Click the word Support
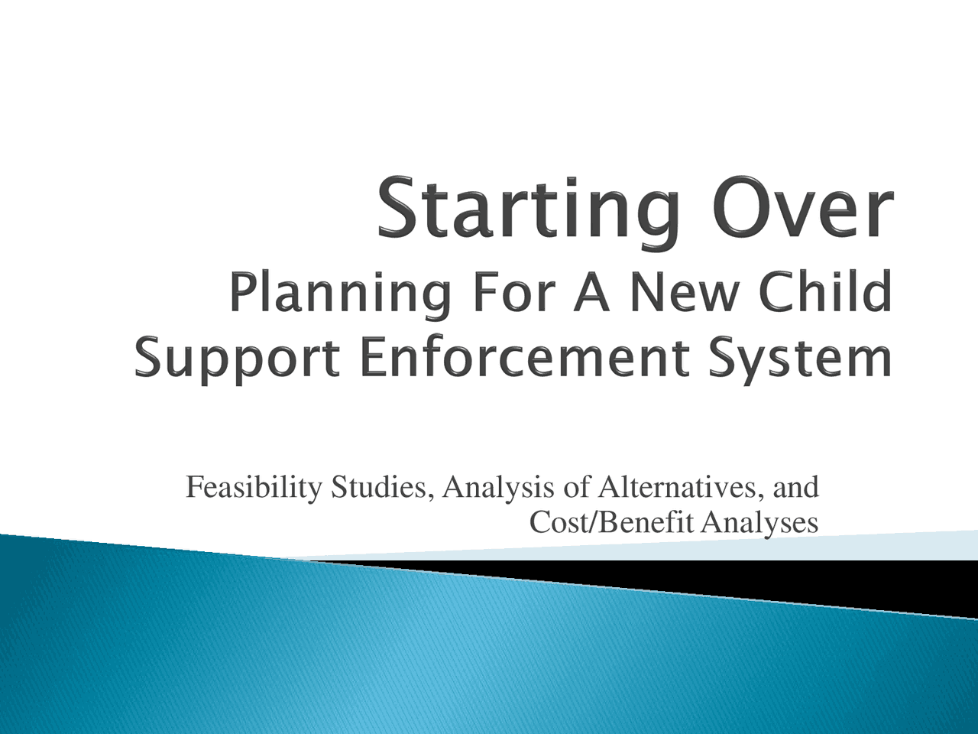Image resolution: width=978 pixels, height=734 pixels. [x=236, y=359]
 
